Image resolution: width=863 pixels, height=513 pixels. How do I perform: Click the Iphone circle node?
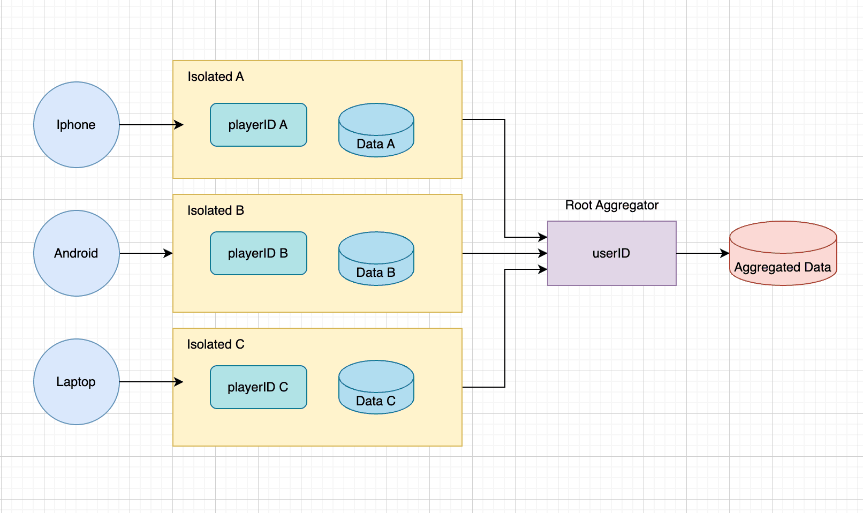(x=76, y=125)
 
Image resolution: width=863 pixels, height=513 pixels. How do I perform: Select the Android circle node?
(x=76, y=253)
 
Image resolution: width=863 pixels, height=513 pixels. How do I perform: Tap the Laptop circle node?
(x=76, y=382)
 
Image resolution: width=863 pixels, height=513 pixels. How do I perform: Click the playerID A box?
(x=258, y=125)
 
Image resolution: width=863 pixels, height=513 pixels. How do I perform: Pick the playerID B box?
(x=258, y=253)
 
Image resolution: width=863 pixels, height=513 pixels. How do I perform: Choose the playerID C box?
(x=258, y=387)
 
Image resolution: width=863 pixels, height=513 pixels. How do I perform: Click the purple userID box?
(x=611, y=253)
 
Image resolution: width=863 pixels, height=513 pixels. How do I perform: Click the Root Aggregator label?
(x=611, y=205)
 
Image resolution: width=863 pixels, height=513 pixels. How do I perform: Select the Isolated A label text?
(x=215, y=77)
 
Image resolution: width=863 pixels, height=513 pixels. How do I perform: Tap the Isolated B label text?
(x=215, y=210)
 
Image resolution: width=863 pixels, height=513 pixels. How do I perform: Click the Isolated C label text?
(x=215, y=344)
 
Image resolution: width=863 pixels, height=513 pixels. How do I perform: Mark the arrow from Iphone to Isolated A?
(x=150, y=125)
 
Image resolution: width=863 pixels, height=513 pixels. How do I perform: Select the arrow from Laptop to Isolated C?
(x=150, y=382)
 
